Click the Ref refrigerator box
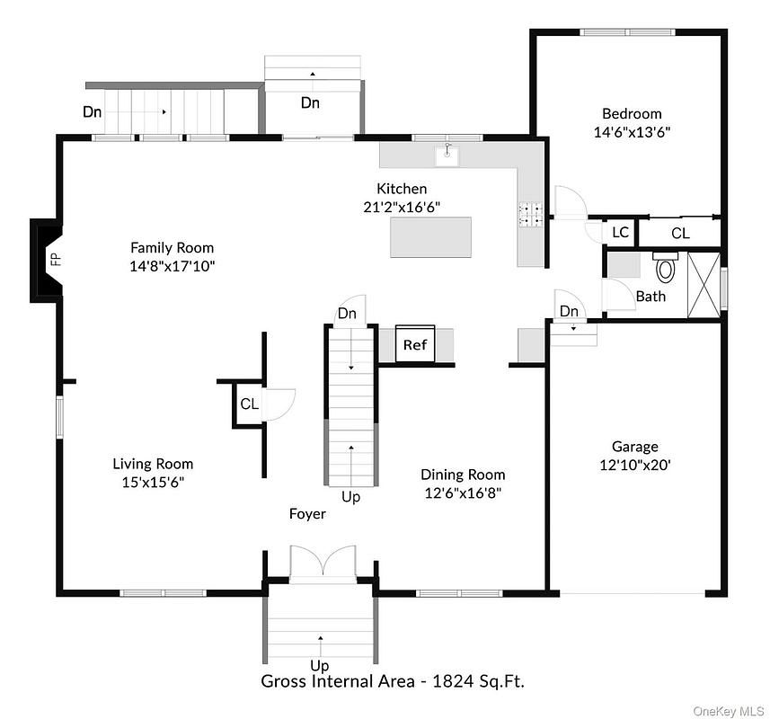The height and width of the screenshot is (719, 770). pos(415,343)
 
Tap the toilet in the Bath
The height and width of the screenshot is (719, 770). pos(666,268)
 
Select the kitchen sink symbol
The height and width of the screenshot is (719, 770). pos(447,155)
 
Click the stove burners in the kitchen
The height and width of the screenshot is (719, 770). pos(530,215)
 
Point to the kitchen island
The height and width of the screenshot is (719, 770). pos(430,237)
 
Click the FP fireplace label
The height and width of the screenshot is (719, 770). pos(57,259)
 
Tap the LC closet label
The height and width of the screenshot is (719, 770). pos(621,232)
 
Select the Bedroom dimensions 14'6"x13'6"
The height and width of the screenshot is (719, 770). pos(632,132)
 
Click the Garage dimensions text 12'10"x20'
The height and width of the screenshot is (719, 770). pos(635,465)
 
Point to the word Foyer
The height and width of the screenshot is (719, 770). pos(307,514)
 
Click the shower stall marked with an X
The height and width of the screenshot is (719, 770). pos(704,285)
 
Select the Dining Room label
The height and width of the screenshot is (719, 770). pos(463,475)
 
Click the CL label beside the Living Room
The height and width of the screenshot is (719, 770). pos(250,404)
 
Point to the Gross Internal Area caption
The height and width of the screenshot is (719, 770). pos(393,681)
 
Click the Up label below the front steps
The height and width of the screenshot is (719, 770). pos(319,666)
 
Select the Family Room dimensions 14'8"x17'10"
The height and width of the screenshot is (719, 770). pos(173,266)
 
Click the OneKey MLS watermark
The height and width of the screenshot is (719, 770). pos(729,711)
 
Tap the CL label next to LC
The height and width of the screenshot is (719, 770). pos(681,233)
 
